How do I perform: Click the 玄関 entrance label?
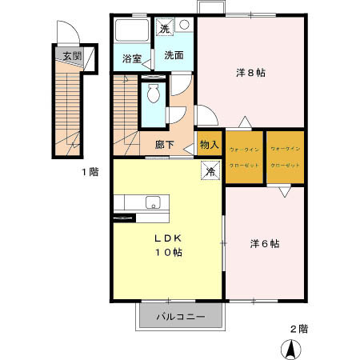(x=72, y=56)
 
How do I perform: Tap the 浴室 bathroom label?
(x=132, y=58)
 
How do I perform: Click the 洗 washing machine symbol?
(x=165, y=28)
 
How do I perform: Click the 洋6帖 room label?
(x=263, y=243)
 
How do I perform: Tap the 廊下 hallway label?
(x=165, y=145)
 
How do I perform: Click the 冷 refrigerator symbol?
(x=210, y=170)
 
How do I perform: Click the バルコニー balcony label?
(x=179, y=317)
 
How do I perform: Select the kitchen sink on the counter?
(x=152, y=202)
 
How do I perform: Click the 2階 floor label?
(x=298, y=328)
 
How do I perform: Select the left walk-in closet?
(x=243, y=157)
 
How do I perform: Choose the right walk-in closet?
(x=285, y=157)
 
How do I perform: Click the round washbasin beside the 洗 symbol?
(x=184, y=26)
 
